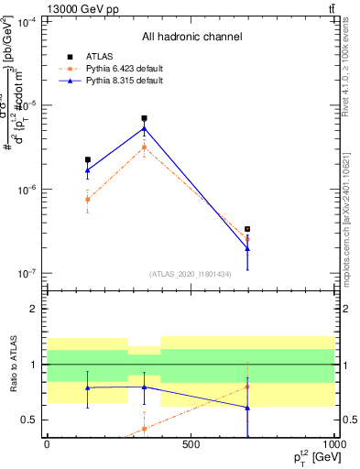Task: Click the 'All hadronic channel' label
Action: tap(191, 37)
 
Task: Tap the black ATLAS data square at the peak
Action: tap(145, 118)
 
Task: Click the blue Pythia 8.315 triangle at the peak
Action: tap(145, 127)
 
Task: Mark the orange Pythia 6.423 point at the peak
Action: tap(145, 147)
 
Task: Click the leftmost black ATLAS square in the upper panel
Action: tap(88, 159)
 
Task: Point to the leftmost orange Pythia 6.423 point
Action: tap(88, 199)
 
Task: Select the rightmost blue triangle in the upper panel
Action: tap(247, 248)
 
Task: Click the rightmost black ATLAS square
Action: tap(247, 229)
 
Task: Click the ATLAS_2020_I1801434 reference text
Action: tap(191, 274)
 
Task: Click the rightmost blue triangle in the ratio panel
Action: tap(247, 408)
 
